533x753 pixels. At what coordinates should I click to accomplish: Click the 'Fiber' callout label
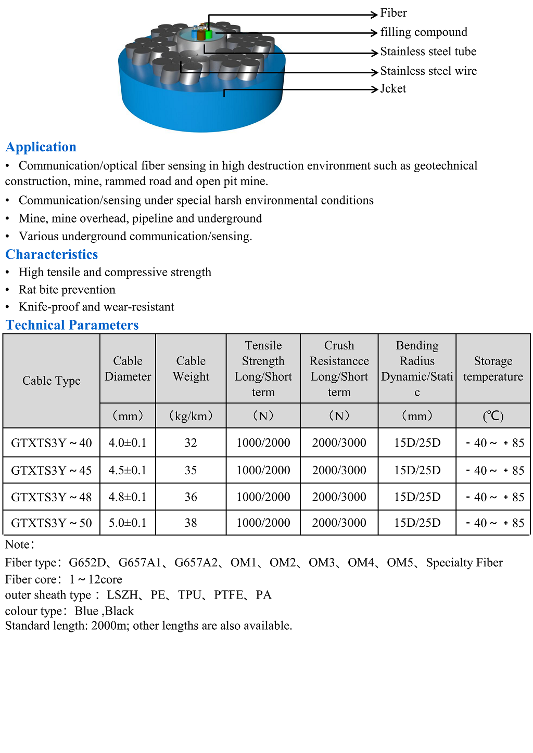[x=394, y=13]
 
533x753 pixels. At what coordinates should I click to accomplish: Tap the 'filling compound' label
[x=424, y=32]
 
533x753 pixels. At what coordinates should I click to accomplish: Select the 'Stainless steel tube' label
[x=428, y=51]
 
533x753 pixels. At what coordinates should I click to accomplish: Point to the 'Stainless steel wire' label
[x=428, y=71]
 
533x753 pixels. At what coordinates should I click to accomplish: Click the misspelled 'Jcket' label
[x=393, y=89]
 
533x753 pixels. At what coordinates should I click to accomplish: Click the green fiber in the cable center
[x=209, y=34]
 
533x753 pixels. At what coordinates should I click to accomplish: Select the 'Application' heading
[x=41, y=147]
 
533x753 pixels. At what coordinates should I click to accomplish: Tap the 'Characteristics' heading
[x=52, y=254]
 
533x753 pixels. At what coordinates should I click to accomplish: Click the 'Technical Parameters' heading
[x=72, y=325]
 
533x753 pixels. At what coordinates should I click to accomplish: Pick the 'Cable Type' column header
[x=52, y=381]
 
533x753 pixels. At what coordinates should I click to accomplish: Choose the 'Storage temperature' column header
[x=493, y=369]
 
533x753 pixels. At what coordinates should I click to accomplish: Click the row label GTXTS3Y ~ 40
[x=52, y=443]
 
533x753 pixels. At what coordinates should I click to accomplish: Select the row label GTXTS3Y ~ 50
[x=52, y=523]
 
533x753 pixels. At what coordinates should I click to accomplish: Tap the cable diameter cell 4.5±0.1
[x=128, y=471]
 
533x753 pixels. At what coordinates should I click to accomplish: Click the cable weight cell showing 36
[x=191, y=497]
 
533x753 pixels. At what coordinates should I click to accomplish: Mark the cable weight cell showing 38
[x=191, y=523]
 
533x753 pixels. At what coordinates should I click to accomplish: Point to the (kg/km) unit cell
[x=191, y=416]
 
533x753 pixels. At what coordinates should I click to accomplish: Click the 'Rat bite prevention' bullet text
[x=67, y=290]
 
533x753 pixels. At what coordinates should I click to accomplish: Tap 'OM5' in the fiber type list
[x=400, y=563]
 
